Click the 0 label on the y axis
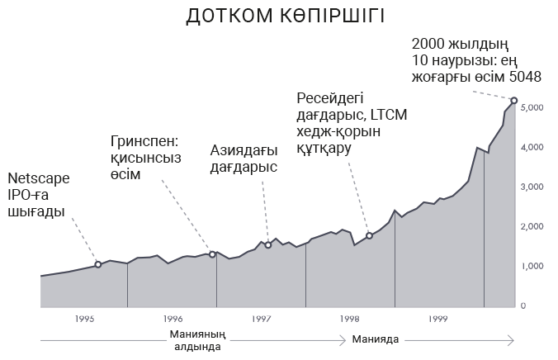(524, 306)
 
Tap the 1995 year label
(84, 318)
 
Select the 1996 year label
(173, 318)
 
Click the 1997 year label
(261, 318)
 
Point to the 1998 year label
(349, 318)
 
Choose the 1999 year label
(437, 318)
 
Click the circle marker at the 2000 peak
(514, 101)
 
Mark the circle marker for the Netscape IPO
(98, 264)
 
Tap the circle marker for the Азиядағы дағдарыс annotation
(268, 245)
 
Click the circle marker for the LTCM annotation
(369, 236)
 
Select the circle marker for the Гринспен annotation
(212, 254)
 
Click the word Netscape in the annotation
(38, 179)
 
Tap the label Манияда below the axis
(376, 339)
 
